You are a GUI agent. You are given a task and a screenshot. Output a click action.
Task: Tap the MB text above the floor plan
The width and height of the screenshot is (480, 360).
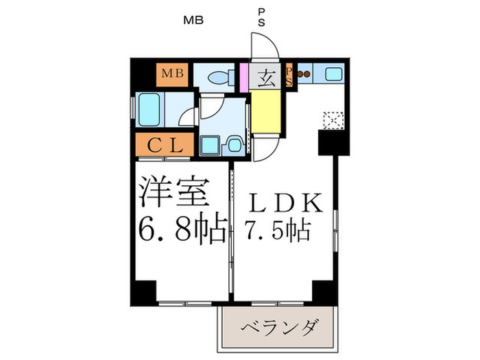point(193,20)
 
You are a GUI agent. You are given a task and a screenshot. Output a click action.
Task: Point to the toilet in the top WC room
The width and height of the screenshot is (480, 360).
point(220,77)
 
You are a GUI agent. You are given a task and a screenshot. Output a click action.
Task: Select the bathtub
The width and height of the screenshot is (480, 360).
point(149,109)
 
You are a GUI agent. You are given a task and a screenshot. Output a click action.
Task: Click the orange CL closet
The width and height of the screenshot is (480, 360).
point(165,145)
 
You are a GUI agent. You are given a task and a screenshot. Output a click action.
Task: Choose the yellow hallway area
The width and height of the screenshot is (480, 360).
point(266,112)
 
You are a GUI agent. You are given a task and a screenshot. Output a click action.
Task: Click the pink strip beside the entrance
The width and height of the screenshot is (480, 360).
point(244,77)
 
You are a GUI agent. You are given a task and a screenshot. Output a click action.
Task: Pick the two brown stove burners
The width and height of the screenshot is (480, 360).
point(304,74)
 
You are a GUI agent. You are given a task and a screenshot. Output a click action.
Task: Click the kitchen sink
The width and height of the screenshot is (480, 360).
point(334,74)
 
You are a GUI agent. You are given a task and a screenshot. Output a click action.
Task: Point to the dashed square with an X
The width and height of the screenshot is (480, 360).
point(333,120)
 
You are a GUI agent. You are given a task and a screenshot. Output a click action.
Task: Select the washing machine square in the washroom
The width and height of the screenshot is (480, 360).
point(210,145)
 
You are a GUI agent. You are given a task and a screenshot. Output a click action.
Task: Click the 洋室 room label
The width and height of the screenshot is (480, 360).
point(174,192)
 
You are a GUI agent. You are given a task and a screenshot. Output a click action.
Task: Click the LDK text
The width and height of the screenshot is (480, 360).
point(286,203)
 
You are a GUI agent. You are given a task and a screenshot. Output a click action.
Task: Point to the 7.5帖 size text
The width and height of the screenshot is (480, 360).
point(277,230)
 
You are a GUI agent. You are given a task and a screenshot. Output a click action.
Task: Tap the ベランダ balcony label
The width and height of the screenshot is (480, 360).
point(278,328)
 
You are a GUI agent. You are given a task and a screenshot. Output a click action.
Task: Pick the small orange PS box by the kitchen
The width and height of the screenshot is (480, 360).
point(289,75)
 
